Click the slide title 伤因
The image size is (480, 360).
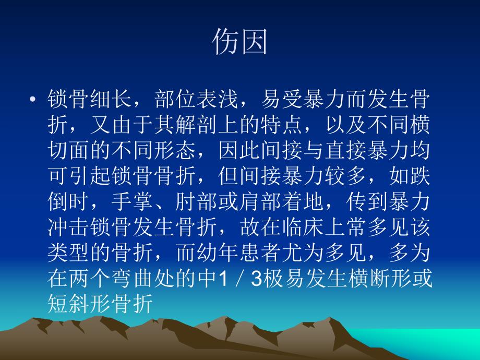(239, 42)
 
